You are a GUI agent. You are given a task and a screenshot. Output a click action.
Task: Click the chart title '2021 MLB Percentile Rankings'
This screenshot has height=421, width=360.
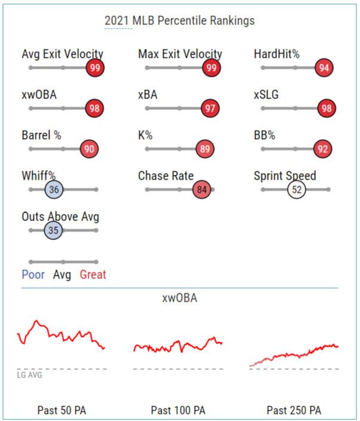coord(179,21)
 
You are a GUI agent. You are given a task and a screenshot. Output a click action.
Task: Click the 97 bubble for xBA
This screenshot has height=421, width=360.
coord(211,109)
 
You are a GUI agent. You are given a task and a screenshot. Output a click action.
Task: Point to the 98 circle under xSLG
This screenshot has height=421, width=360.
coord(326,109)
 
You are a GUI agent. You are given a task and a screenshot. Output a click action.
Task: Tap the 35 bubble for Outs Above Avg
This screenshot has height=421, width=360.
coord(53,230)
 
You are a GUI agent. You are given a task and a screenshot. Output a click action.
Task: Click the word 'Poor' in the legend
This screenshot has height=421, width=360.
coord(33,275)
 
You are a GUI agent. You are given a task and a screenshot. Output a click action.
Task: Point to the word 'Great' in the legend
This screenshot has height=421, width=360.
coord(93,275)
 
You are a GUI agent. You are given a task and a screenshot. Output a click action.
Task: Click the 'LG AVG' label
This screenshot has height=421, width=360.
coord(30,375)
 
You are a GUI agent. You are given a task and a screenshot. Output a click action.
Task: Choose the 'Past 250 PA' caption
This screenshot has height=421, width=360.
coord(294,410)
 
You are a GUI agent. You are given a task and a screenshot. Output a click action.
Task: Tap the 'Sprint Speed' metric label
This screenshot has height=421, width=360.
coord(285,176)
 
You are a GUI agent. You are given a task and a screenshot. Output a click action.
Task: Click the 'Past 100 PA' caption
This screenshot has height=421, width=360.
coord(178,410)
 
